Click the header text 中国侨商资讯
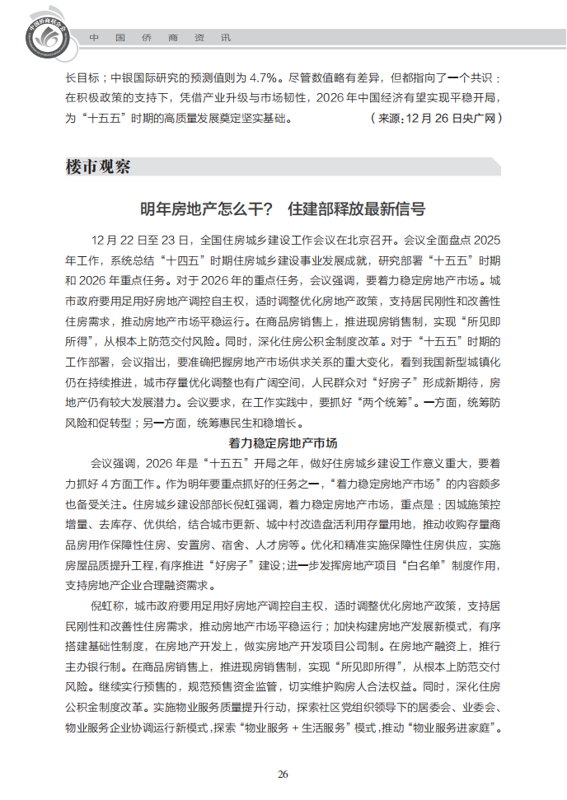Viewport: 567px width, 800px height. [x=160, y=38]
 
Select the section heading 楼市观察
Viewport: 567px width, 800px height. [x=98, y=166]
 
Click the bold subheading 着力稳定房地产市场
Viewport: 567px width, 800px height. [x=283, y=443]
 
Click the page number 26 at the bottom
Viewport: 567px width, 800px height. [x=283, y=774]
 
